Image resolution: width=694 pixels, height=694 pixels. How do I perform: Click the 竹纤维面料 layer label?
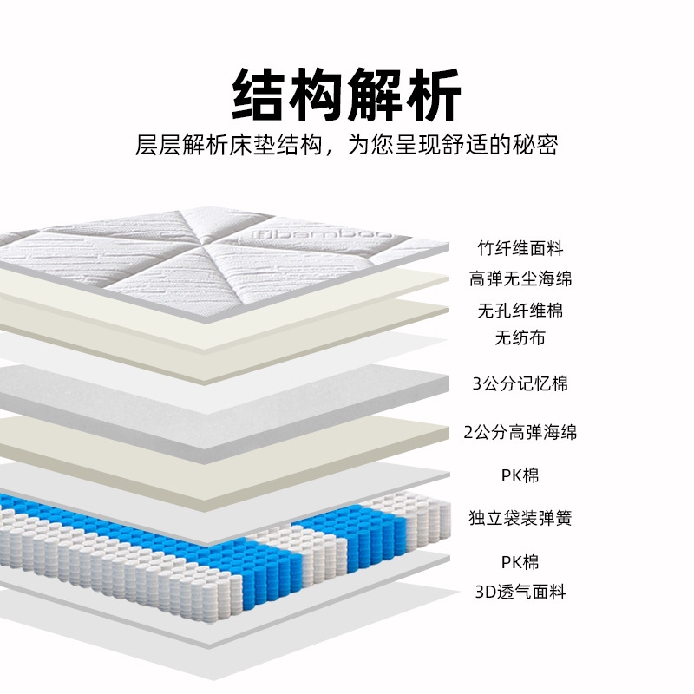coord(520,248)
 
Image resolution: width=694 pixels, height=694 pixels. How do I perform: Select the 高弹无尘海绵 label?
coord(520,279)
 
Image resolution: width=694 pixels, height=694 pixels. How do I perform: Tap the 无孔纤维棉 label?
coord(520,311)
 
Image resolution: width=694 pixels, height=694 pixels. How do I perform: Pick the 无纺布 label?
coord(520,338)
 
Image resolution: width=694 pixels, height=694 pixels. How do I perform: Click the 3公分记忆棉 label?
coord(520,383)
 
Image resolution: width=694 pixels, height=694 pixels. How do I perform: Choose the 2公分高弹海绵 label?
coord(520,432)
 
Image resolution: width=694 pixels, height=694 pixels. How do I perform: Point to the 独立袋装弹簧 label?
coord(520,519)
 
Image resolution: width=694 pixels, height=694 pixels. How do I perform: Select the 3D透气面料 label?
coord(520,593)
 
